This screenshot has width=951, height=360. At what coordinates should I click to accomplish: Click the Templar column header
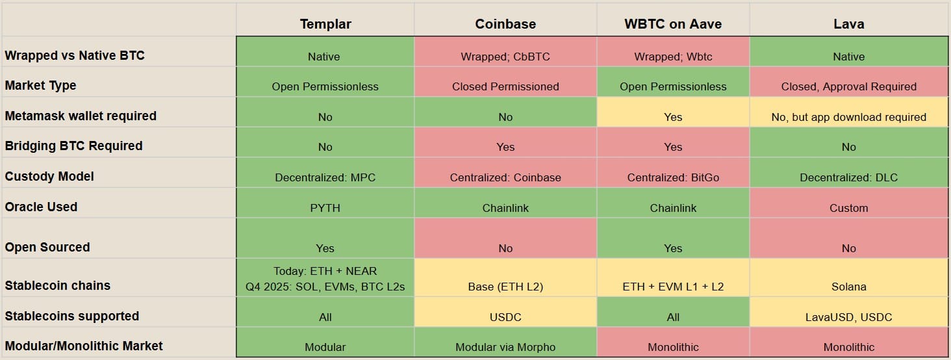(x=325, y=24)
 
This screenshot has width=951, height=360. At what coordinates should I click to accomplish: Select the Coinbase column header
(x=505, y=24)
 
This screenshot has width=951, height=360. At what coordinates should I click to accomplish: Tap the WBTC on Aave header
(x=673, y=24)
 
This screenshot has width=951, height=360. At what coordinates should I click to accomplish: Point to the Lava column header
(x=848, y=24)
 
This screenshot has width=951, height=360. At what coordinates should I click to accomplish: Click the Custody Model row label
(x=49, y=176)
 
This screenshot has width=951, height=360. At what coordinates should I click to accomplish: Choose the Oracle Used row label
(x=41, y=207)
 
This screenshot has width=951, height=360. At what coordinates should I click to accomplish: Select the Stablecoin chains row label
(x=57, y=285)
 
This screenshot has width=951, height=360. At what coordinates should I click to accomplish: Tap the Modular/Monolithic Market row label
(x=84, y=346)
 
